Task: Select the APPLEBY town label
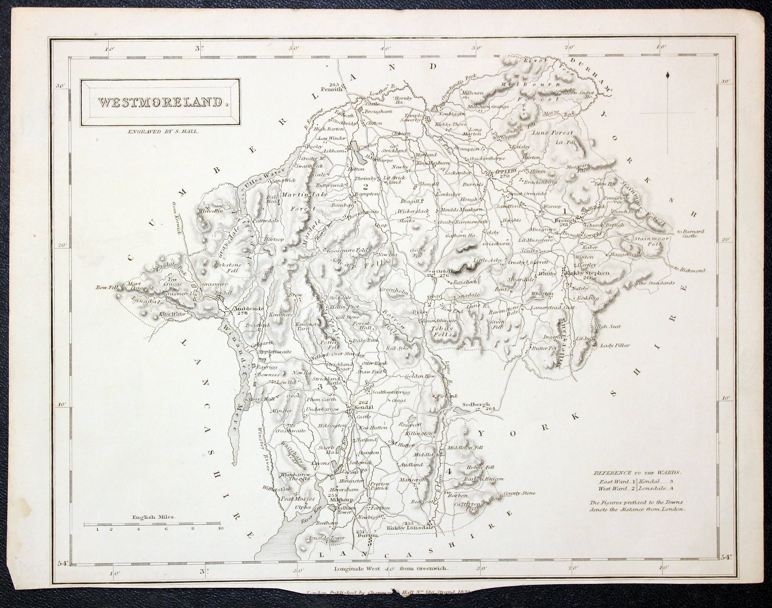pos(503,171)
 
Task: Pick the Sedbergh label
pos(476,405)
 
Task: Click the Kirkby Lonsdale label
pos(410,528)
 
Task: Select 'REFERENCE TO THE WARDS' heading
pos(636,473)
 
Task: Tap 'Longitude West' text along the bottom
pos(359,578)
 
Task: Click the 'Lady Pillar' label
pos(615,345)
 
